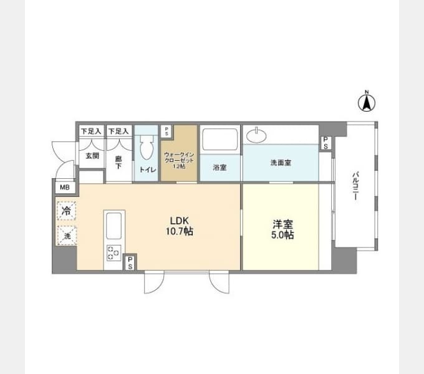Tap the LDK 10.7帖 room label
pos(180,226)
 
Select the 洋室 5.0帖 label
pos(282,229)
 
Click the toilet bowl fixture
pos(147,147)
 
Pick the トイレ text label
pos(148,170)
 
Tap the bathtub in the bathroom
pos(220,140)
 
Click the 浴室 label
pos(219,167)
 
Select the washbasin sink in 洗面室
pos(256,135)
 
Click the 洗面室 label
pos(281,163)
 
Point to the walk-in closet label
pos(179,160)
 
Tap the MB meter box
pos(65,187)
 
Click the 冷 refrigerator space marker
pos(66,211)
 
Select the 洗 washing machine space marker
pos(67,236)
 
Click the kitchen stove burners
pos(113,252)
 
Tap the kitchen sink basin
pos(114,226)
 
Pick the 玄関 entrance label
pos(92,156)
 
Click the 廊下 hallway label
pos(118,162)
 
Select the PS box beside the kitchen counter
pos(130,262)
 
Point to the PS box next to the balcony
pos(326,143)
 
